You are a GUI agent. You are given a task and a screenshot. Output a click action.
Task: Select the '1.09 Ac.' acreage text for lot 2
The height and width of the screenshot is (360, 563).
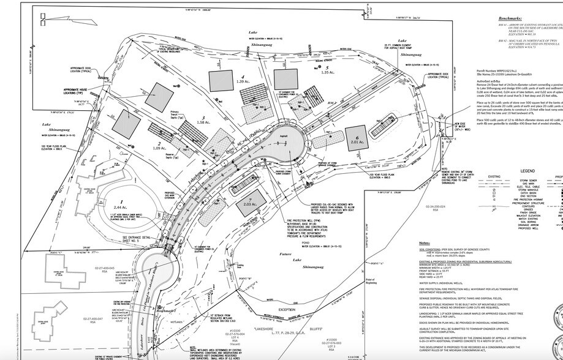[x=159, y=132]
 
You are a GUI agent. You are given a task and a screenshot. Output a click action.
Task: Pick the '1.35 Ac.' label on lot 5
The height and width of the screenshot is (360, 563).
[x=328, y=72]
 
